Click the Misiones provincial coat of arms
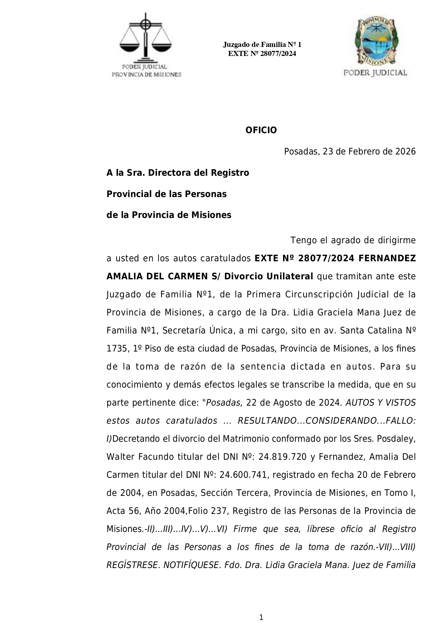coord(375,40)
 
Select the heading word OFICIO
coord(261,130)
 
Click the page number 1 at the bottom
coord(261,617)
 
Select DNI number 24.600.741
coord(243,475)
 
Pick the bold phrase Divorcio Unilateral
coord(269,276)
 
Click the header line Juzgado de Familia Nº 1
coord(262,45)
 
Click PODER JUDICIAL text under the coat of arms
coord(375,73)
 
